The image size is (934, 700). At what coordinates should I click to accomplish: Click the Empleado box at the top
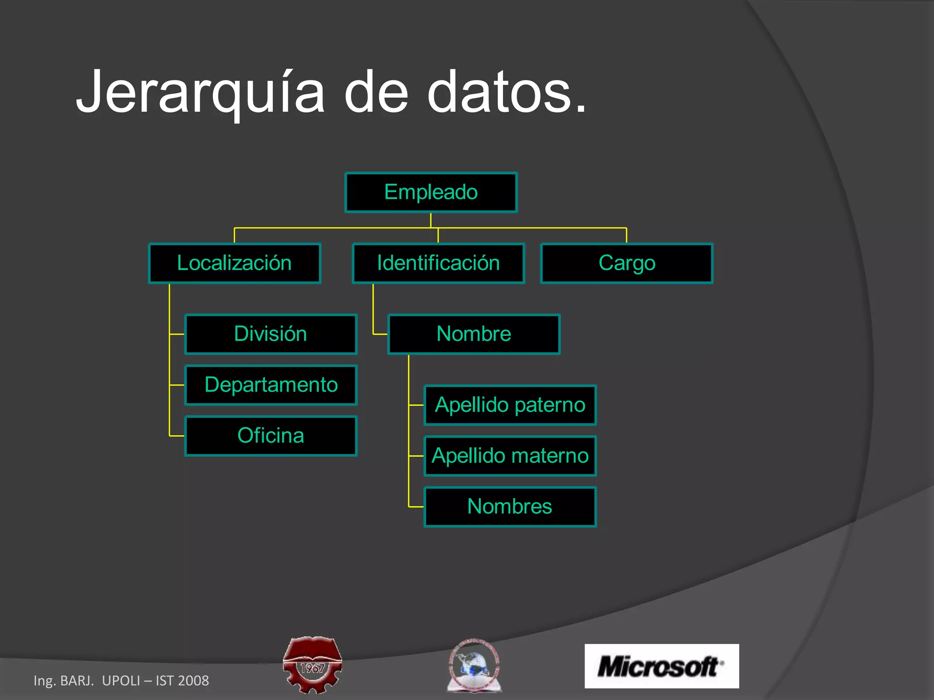(431, 192)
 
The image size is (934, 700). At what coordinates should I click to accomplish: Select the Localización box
(235, 263)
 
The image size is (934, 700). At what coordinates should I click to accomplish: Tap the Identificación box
(438, 263)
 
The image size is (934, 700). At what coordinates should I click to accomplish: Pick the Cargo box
(627, 263)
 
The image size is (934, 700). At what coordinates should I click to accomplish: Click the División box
(271, 334)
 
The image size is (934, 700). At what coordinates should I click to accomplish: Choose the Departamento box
(271, 385)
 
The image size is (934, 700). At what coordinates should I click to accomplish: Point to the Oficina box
(271, 436)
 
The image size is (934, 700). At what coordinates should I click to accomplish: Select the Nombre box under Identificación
(474, 334)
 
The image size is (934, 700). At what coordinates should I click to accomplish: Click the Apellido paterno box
(510, 405)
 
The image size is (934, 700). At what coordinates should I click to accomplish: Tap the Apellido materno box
(510, 456)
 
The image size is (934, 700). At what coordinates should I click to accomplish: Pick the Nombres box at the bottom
(510, 507)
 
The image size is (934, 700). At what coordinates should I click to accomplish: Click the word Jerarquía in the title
(201, 93)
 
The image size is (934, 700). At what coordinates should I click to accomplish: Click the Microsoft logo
(661, 666)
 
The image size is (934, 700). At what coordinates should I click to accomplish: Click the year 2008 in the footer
(194, 681)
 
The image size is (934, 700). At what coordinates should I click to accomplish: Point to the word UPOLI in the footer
(121, 681)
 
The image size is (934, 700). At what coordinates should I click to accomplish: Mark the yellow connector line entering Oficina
(177, 436)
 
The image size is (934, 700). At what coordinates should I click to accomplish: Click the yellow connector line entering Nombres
(416, 507)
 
